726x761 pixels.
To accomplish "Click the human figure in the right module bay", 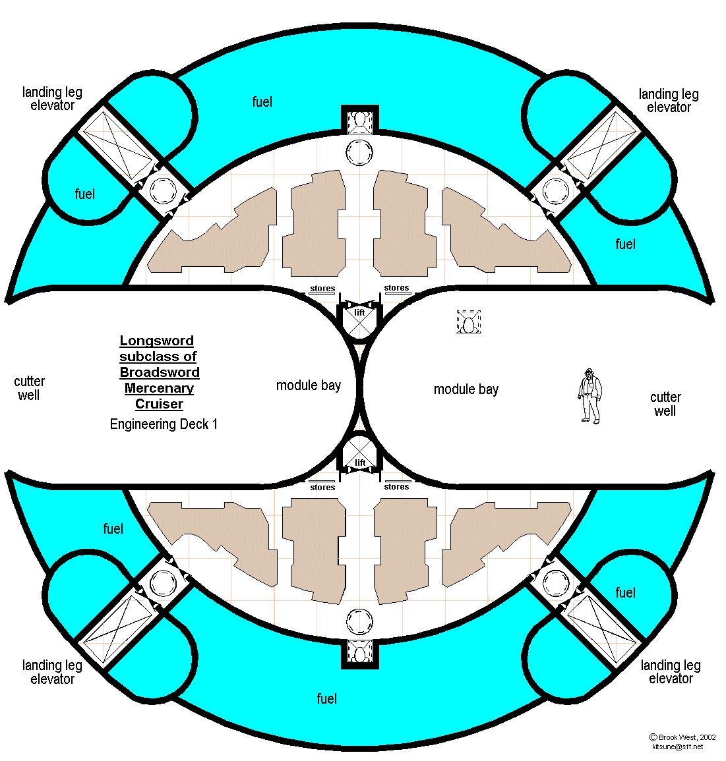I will [590, 395].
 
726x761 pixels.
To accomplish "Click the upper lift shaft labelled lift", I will [359, 319].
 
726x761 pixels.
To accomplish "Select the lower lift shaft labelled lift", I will [359, 456].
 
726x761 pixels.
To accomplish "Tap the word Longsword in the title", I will [157, 341].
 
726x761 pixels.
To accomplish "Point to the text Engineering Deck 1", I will [164, 424].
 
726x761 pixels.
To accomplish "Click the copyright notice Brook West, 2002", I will [683, 737].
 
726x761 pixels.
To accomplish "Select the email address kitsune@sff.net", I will [677, 747].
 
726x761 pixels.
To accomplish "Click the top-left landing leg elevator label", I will [52, 99].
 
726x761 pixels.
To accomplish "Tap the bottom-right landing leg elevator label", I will [671, 672].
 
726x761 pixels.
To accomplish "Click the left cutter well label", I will [29, 389].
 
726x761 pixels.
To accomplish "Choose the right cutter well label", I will [665, 404].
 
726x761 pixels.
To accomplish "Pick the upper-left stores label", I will [322, 289].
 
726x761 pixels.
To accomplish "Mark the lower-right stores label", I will [396, 487].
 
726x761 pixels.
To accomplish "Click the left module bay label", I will [309, 385].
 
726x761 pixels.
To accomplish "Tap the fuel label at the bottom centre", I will [327, 698].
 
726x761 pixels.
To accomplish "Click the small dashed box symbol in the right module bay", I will [468, 322].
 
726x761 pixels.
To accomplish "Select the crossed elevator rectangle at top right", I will [601, 144].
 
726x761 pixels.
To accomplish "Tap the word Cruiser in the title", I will [159, 404].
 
